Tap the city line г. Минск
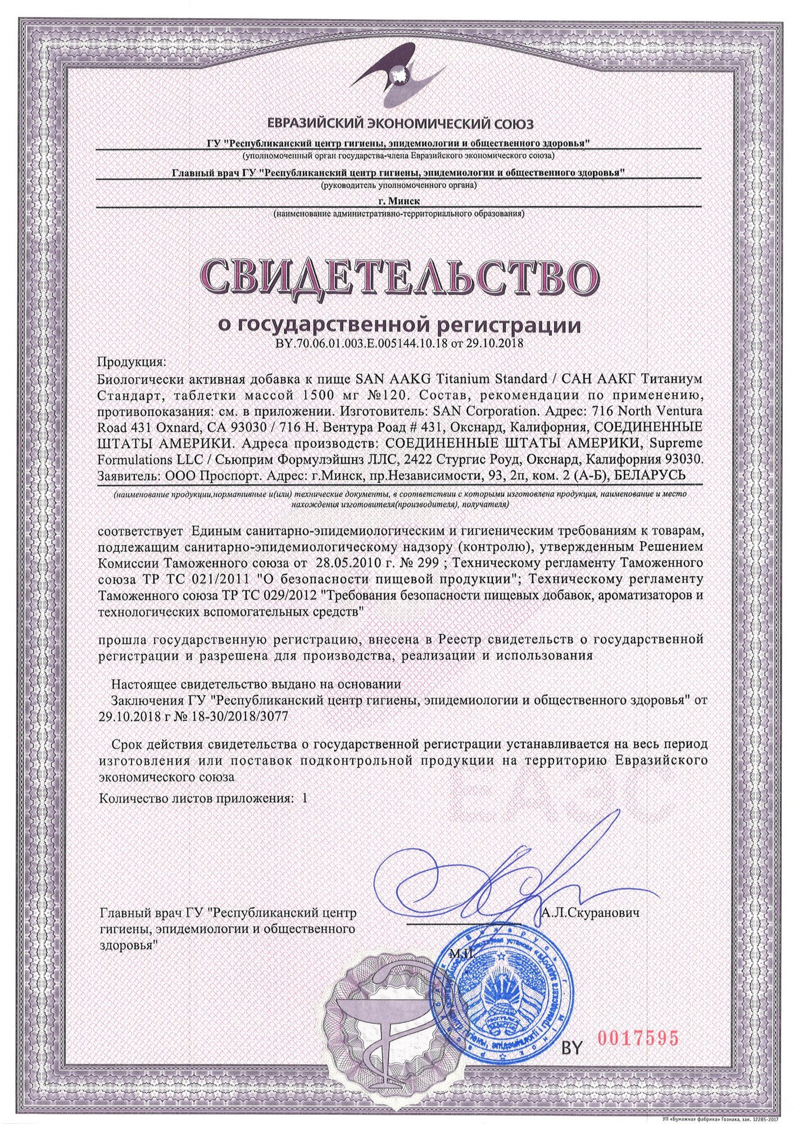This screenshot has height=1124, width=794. pyautogui.click(x=400, y=200)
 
